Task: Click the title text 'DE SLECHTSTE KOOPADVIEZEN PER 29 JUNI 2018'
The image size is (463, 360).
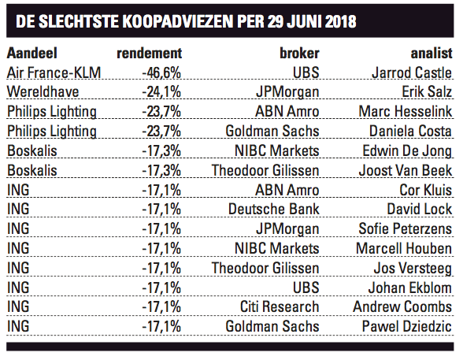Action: tap(186, 21)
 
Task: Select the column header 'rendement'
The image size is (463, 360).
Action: tap(150, 54)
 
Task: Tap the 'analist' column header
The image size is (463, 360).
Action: tap(432, 53)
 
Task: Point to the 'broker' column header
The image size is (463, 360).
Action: tap(299, 53)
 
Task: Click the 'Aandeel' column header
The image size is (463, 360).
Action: tap(31, 54)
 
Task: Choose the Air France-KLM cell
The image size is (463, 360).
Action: tap(54, 72)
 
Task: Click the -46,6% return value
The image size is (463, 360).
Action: tap(161, 72)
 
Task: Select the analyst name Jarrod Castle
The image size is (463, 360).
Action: tap(412, 72)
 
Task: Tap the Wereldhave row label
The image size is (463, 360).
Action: tap(43, 92)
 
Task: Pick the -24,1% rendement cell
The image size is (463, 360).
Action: tap(161, 92)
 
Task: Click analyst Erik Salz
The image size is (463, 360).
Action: tap(427, 92)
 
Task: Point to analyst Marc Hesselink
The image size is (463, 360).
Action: tap(406, 112)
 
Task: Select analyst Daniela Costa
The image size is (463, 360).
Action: tap(411, 131)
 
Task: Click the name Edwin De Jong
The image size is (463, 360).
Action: tap(407, 151)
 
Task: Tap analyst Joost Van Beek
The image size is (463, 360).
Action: tap(406, 170)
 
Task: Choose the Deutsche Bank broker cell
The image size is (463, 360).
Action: tap(274, 210)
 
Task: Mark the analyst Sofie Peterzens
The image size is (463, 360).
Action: tap(406, 229)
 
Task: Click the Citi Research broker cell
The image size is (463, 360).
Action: tap(280, 307)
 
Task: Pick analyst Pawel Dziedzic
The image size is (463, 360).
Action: tap(407, 326)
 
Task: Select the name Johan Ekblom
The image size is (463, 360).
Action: tap(410, 288)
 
